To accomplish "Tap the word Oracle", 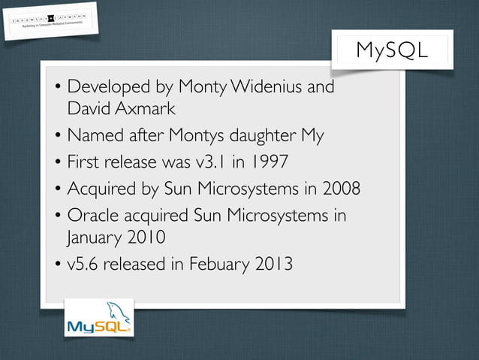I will click(x=92, y=215).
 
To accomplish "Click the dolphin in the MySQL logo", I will click(x=116, y=311).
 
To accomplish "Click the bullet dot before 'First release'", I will click(x=57, y=162).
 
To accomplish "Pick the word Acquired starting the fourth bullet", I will click(x=101, y=189).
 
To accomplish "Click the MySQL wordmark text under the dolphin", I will click(x=98, y=328).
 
